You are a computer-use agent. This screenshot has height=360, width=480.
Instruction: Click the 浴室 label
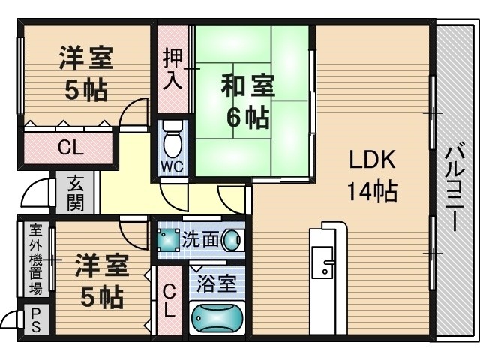(217, 284)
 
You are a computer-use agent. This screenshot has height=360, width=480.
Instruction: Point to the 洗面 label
(200, 239)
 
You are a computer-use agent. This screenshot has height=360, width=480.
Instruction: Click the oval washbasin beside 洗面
(232, 240)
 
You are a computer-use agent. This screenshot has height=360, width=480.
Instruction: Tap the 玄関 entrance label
(75, 193)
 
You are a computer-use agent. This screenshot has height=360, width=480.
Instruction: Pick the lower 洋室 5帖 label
(101, 280)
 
